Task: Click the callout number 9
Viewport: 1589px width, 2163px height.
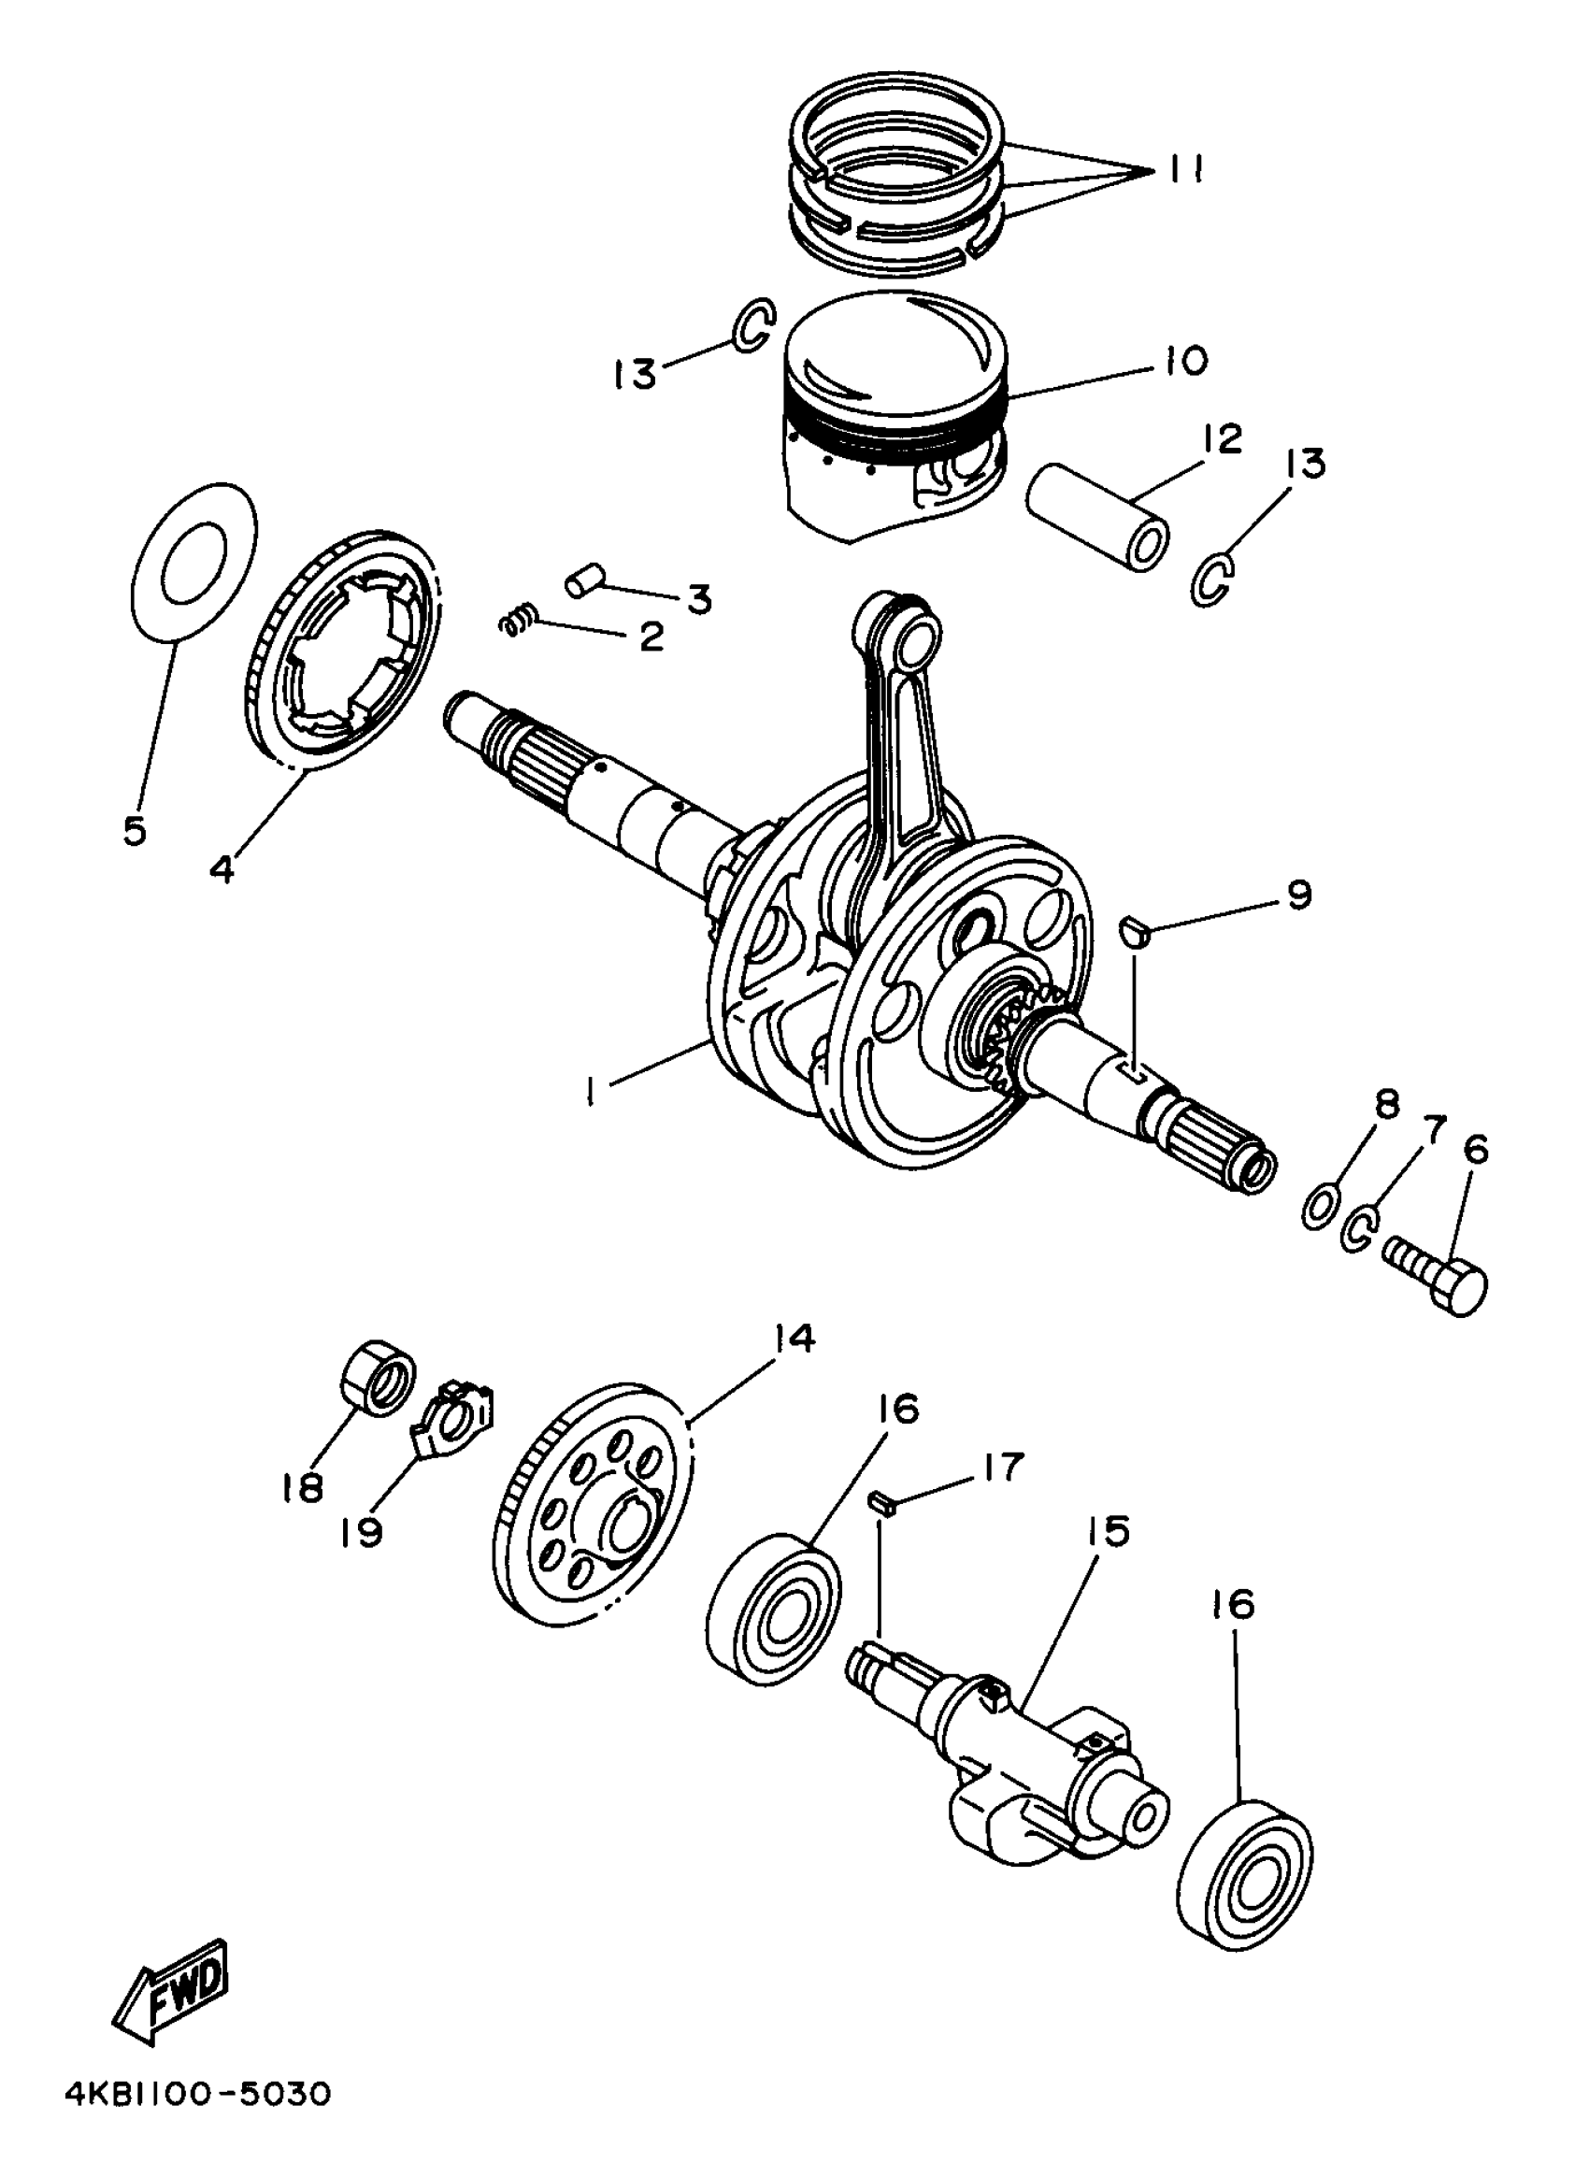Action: click(x=1297, y=895)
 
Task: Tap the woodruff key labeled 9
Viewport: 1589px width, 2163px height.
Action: click(x=1135, y=931)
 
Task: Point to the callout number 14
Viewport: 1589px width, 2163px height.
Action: click(x=794, y=1339)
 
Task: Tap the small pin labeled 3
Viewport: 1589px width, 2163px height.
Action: click(x=585, y=581)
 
